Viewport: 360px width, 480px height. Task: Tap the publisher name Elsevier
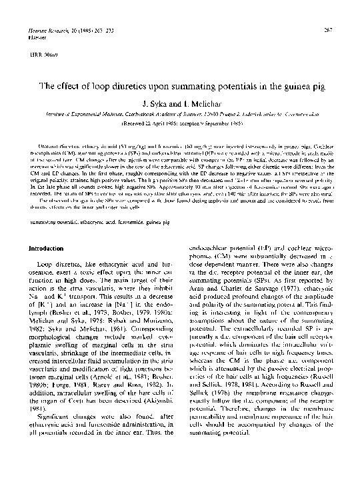click(x=31, y=38)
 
